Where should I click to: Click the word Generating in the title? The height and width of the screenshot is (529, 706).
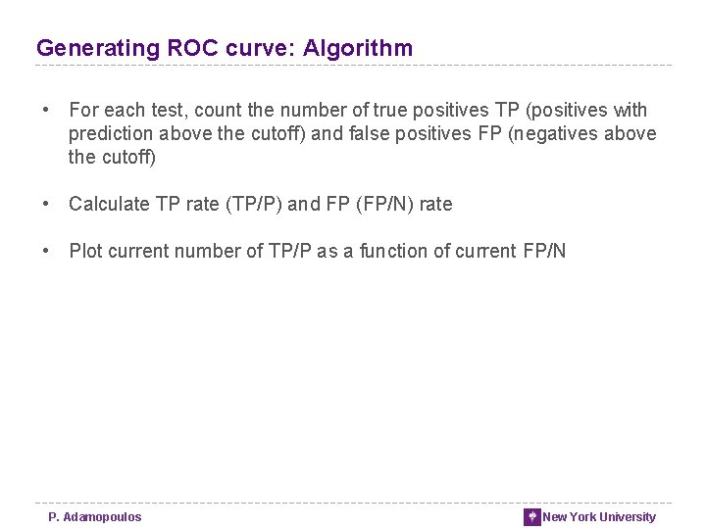(x=84, y=48)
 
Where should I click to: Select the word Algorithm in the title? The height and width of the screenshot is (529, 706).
(x=358, y=48)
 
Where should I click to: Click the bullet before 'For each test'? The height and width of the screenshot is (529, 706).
(x=46, y=111)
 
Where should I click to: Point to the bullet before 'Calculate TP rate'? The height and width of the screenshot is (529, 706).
(x=46, y=204)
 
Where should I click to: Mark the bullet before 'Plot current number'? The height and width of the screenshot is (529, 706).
(x=46, y=251)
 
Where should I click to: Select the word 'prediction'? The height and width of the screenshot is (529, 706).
(x=108, y=134)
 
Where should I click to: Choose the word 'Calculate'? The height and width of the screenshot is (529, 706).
(x=109, y=204)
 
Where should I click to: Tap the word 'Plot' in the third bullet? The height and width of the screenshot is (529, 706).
(x=86, y=251)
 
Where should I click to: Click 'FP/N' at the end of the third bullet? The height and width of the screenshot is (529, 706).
(x=544, y=251)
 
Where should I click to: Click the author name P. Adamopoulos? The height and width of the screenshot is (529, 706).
(x=95, y=517)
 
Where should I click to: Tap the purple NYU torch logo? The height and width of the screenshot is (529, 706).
(x=532, y=517)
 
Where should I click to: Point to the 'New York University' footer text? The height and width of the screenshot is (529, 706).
(x=599, y=517)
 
